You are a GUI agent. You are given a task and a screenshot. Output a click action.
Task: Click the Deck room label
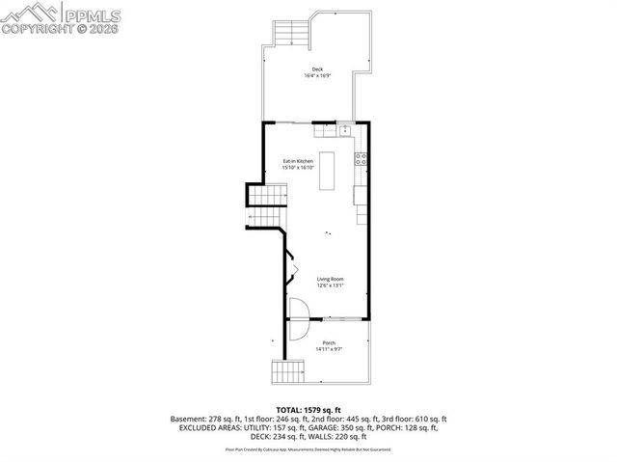[317, 68]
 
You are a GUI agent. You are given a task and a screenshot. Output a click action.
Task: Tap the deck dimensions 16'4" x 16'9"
[317, 75]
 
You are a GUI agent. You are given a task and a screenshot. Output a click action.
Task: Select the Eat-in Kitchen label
[298, 160]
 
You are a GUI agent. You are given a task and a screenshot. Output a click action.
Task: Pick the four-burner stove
[361, 159]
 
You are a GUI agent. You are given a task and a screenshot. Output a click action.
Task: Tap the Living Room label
[331, 279]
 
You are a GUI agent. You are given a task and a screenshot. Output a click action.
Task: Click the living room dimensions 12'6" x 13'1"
[331, 285]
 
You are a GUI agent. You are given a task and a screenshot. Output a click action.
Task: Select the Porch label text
[329, 342]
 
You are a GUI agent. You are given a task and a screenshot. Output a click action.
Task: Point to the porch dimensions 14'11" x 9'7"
[329, 349]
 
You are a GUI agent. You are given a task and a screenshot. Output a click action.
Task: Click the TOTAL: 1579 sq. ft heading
[308, 410]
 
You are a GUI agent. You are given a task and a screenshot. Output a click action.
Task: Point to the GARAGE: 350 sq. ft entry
[332, 427]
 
